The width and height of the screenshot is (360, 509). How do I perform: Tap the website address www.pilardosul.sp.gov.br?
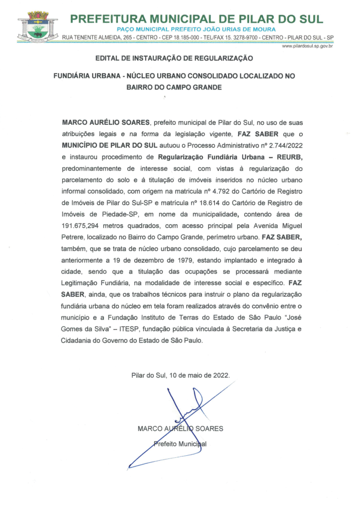coord(307,46)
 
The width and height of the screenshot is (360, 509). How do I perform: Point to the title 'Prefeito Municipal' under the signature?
coord(180,444)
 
